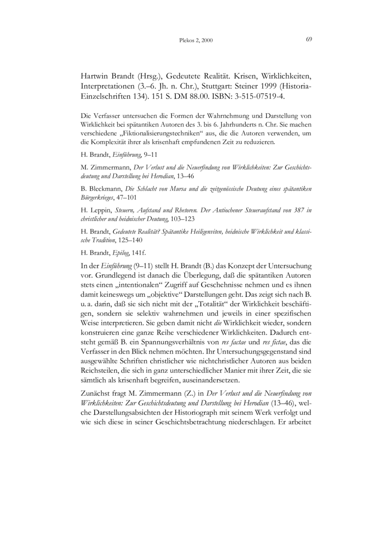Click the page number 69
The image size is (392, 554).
[x=309, y=39]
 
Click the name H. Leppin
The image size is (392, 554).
[x=94, y=210]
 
